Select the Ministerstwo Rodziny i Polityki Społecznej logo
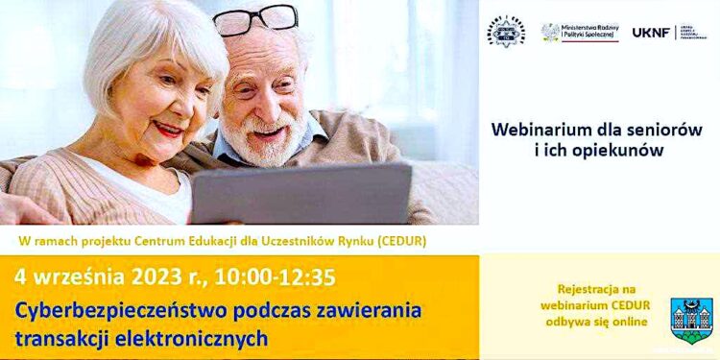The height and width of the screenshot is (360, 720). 580,33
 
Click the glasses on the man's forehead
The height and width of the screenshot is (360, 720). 255,19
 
